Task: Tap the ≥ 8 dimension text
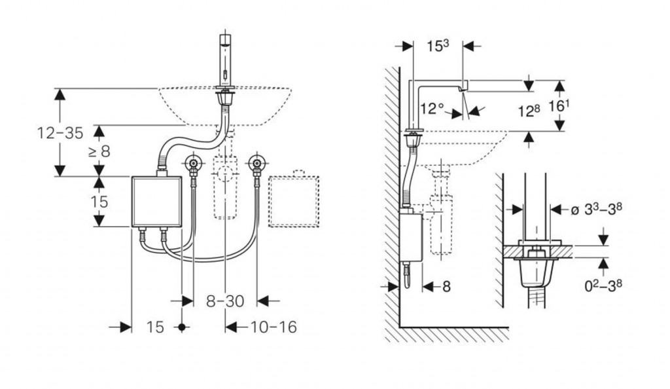pyautogui.click(x=99, y=151)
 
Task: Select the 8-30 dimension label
pyautogui.click(x=225, y=301)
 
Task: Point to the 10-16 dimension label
pyautogui.click(x=273, y=325)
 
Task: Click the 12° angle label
pyautogui.click(x=432, y=109)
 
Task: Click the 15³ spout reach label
pyautogui.click(x=438, y=47)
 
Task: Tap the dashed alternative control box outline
pyautogui.click(x=294, y=200)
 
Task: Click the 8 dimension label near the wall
pyautogui.click(x=446, y=286)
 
